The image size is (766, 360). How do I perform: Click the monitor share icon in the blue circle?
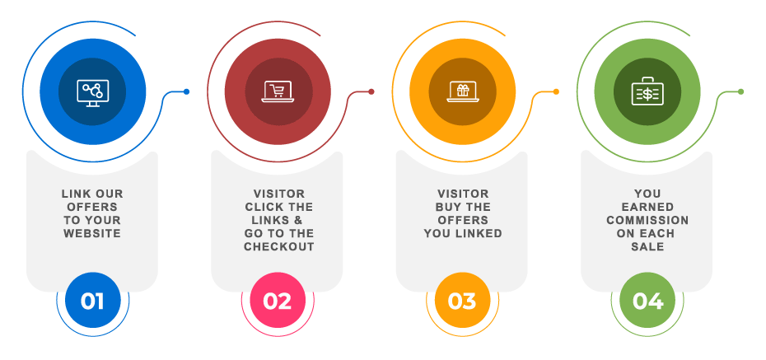(92, 91)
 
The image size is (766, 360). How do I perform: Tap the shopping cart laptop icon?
(278, 91)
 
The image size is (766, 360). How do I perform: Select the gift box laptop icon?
(462, 91)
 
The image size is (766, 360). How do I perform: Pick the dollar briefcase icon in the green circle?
(647, 93)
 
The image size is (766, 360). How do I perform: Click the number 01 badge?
(92, 301)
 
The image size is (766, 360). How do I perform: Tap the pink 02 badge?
(278, 301)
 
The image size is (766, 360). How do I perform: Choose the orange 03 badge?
(462, 301)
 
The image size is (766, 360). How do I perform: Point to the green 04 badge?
(647, 301)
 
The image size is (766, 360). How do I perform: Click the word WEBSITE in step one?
(92, 233)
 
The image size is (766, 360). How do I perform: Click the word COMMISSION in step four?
(647, 220)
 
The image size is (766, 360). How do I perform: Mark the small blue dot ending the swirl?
(186, 91)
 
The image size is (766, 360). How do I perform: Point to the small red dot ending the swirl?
(371, 91)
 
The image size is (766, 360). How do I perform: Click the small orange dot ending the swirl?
(556, 91)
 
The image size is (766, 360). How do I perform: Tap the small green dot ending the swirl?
(740, 91)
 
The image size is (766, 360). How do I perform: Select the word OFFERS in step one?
(92, 207)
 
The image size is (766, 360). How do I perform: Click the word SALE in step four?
(647, 246)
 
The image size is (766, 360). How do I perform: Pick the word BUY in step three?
(451, 207)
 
